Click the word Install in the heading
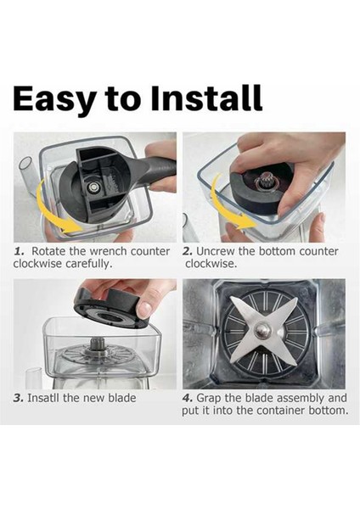(206, 98)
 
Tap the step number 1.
(19, 251)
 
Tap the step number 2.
(188, 251)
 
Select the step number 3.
(18, 398)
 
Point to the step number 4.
(188, 398)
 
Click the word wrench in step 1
(108, 251)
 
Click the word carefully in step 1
(88, 264)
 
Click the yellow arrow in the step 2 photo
(228, 211)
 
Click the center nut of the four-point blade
(262, 331)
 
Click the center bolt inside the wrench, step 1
(94, 187)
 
